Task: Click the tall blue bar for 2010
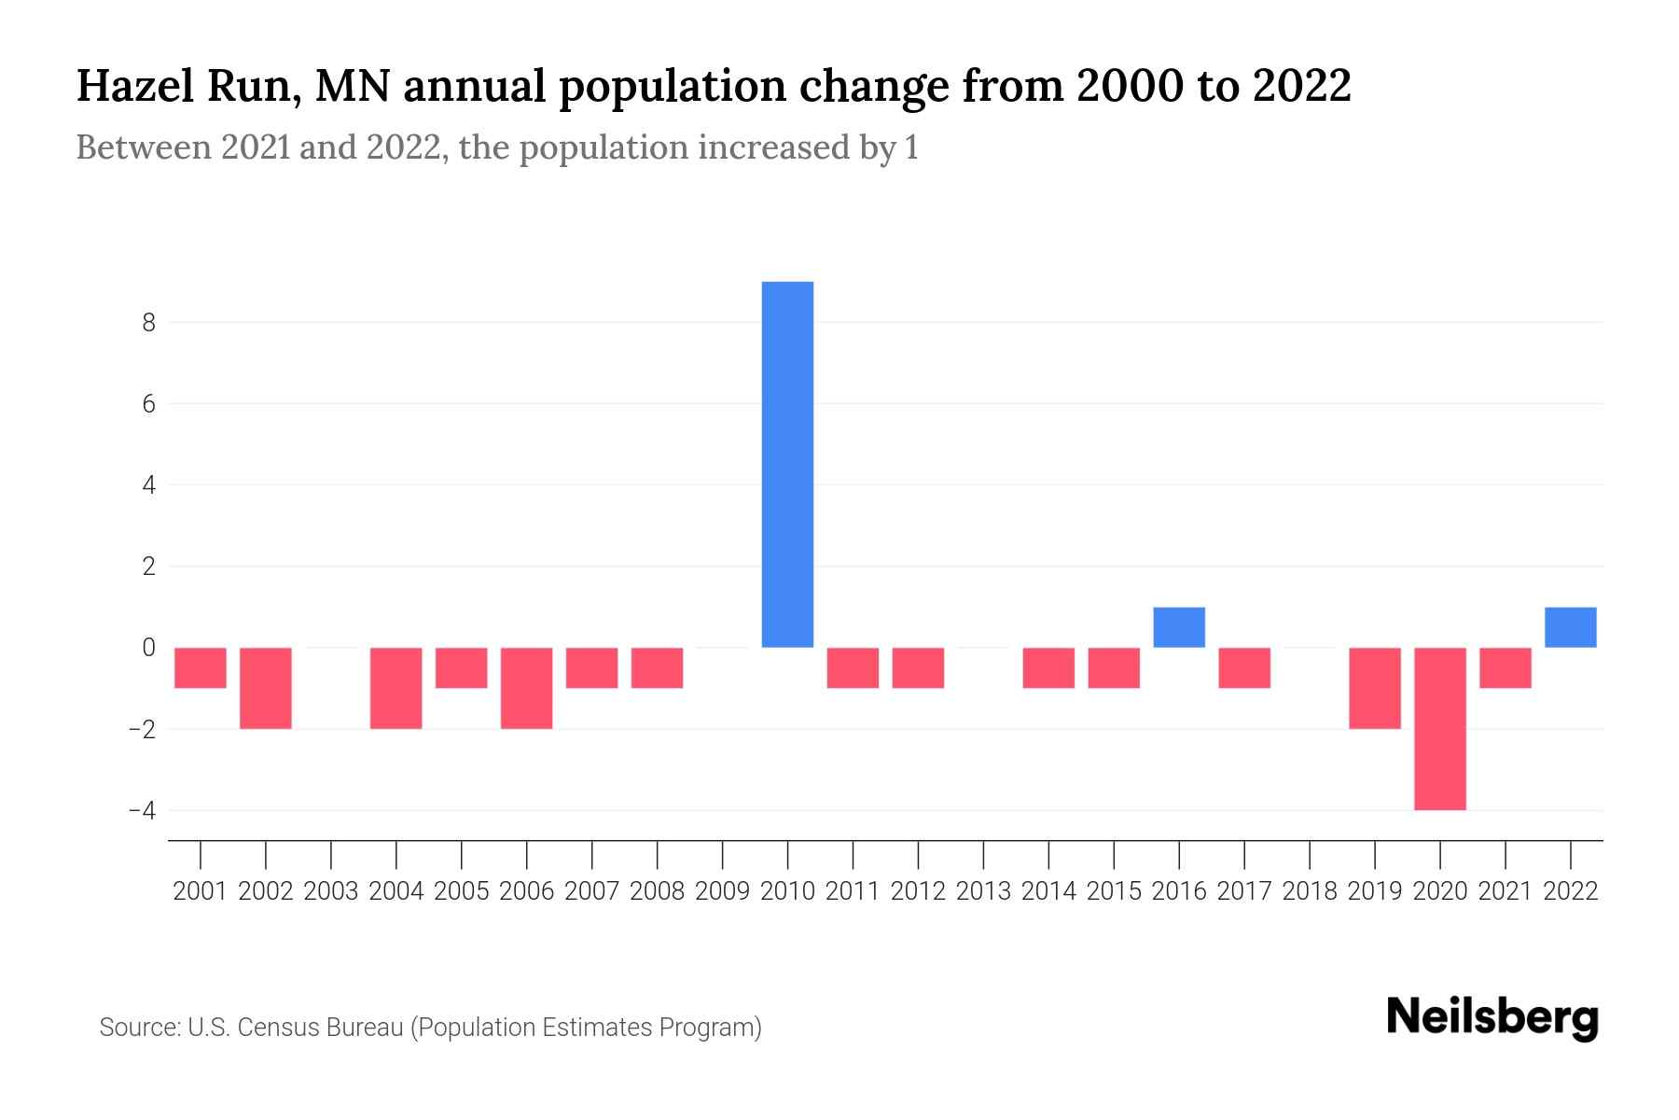coord(787,464)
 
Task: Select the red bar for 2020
coord(1439,728)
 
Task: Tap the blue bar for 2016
coord(1179,627)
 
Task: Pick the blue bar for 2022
coord(1570,627)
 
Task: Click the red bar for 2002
coord(266,688)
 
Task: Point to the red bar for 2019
coord(1374,688)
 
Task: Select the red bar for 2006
coord(526,688)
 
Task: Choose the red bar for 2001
coord(201,668)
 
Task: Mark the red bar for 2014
coord(1048,668)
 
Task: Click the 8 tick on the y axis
coord(148,323)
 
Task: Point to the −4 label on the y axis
coord(143,810)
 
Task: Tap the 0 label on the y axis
coord(148,648)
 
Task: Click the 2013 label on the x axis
coord(983,891)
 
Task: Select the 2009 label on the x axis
coord(722,891)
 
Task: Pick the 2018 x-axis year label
coord(1309,891)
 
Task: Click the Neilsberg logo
coord(1492,1017)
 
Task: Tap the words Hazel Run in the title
coord(187,87)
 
